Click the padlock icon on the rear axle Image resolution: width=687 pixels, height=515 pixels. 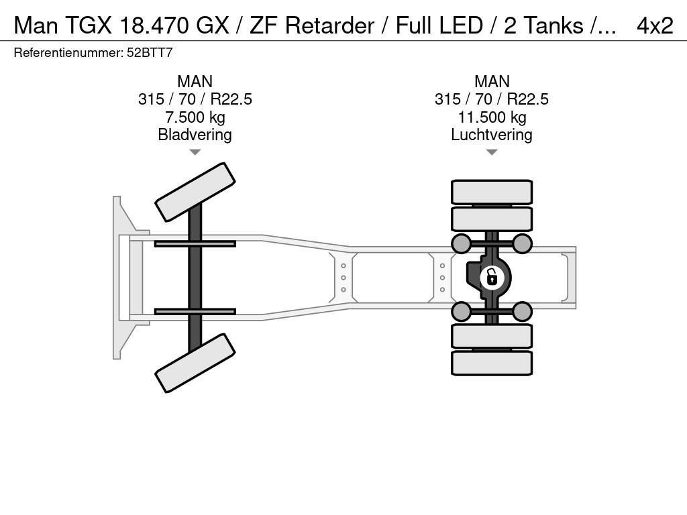(x=492, y=277)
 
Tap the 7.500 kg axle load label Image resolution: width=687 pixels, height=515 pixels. (x=195, y=117)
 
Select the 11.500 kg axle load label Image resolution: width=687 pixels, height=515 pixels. (x=492, y=117)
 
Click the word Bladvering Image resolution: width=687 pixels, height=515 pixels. (x=195, y=134)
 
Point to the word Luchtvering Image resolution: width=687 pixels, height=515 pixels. (x=492, y=134)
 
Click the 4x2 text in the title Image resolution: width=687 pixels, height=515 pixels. (x=655, y=25)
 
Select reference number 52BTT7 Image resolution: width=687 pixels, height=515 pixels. (x=150, y=52)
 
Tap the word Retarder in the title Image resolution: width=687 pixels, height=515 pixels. (x=329, y=25)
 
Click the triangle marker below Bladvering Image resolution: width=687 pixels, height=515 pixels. (x=195, y=152)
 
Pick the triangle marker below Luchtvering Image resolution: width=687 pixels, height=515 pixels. (x=492, y=152)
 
